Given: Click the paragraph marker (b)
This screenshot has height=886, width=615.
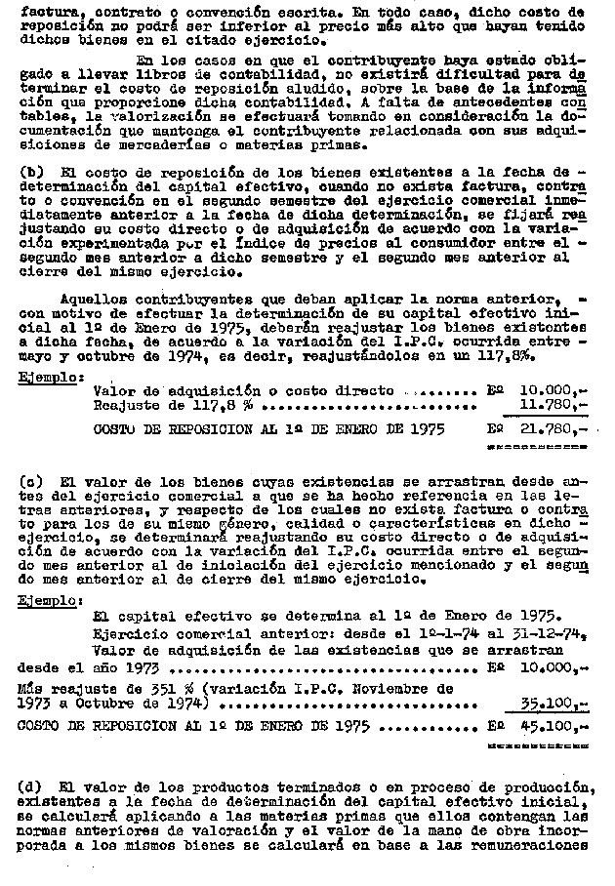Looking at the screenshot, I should coord(29,172).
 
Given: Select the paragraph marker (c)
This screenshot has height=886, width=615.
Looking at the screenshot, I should coord(29,481).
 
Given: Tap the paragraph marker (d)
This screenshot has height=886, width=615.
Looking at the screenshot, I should coord(29,786).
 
